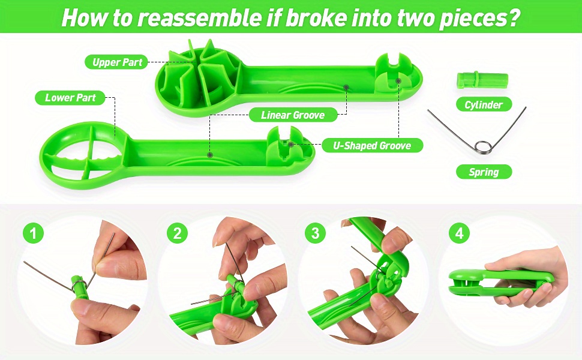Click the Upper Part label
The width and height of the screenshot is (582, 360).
click(x=116, y=62)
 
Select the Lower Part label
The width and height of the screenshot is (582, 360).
click(x=70, y=97)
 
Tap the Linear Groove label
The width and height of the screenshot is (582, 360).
click(x=293, y=115)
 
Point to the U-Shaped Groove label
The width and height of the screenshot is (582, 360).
click(x=371, y=145)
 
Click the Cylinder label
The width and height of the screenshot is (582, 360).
click(x=483, y=104)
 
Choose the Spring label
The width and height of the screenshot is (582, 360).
click(x=483, y=172)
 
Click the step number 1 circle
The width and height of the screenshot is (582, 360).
click(x=34, y=233)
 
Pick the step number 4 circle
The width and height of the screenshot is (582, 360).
click(x=460, y=233)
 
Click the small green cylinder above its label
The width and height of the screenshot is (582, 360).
click(x=482, y=80)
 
